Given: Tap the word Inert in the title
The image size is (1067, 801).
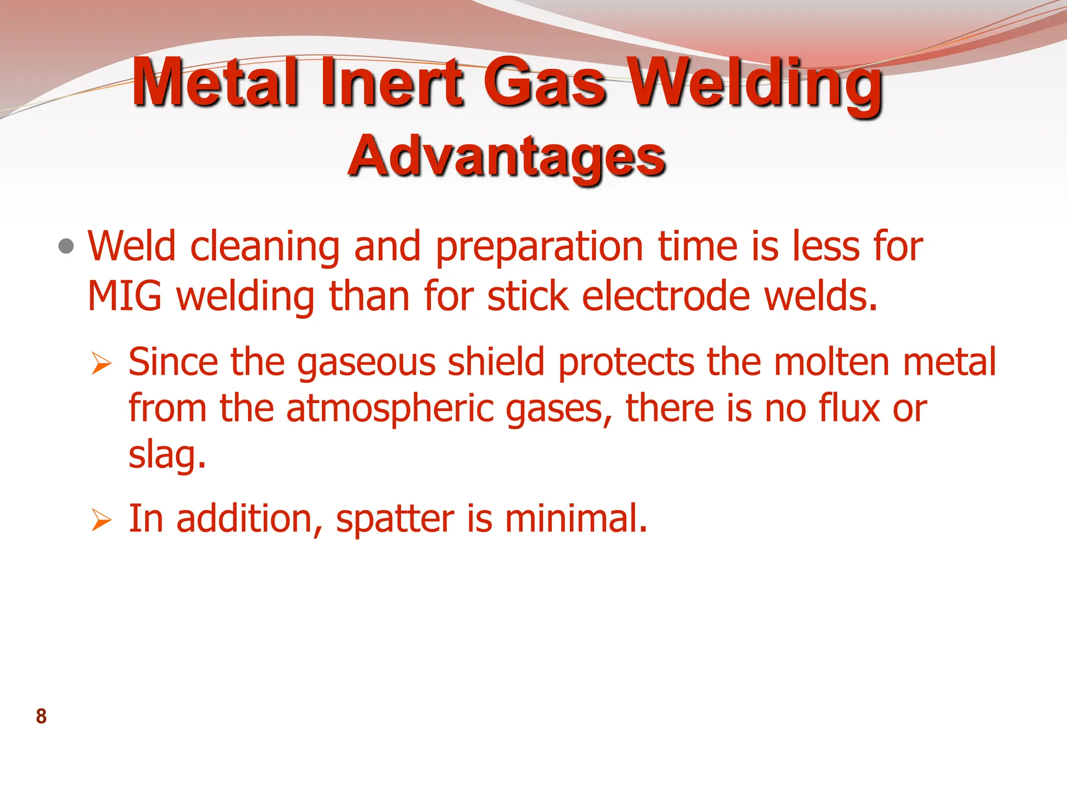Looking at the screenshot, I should click(x=391, y=82).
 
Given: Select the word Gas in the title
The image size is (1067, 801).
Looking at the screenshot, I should click(x=544, y=82).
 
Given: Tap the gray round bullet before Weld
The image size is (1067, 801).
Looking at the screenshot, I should click(x=66, y=246).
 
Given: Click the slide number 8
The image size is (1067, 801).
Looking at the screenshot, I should click(x=41, y=717).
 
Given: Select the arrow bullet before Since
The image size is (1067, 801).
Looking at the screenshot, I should click(x=101, y=363).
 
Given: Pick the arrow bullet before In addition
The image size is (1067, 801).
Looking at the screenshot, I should click(x=101, y=520).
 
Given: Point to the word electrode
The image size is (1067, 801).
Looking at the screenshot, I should click(x=666, y=296).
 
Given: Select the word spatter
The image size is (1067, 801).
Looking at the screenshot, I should click(x=395, y=520).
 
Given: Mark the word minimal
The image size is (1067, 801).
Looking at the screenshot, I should click(x=576, y=519).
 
